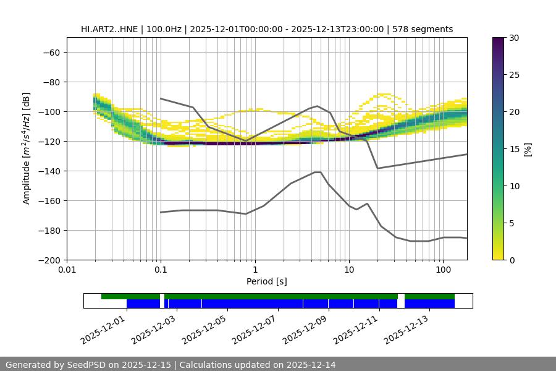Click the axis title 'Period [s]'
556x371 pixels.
coord(267,282)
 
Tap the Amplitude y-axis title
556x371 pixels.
coord(26,148)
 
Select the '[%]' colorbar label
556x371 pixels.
coord(528,149)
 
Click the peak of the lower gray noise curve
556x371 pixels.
coord(318,172)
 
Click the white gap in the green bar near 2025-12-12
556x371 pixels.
coord(401,296)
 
